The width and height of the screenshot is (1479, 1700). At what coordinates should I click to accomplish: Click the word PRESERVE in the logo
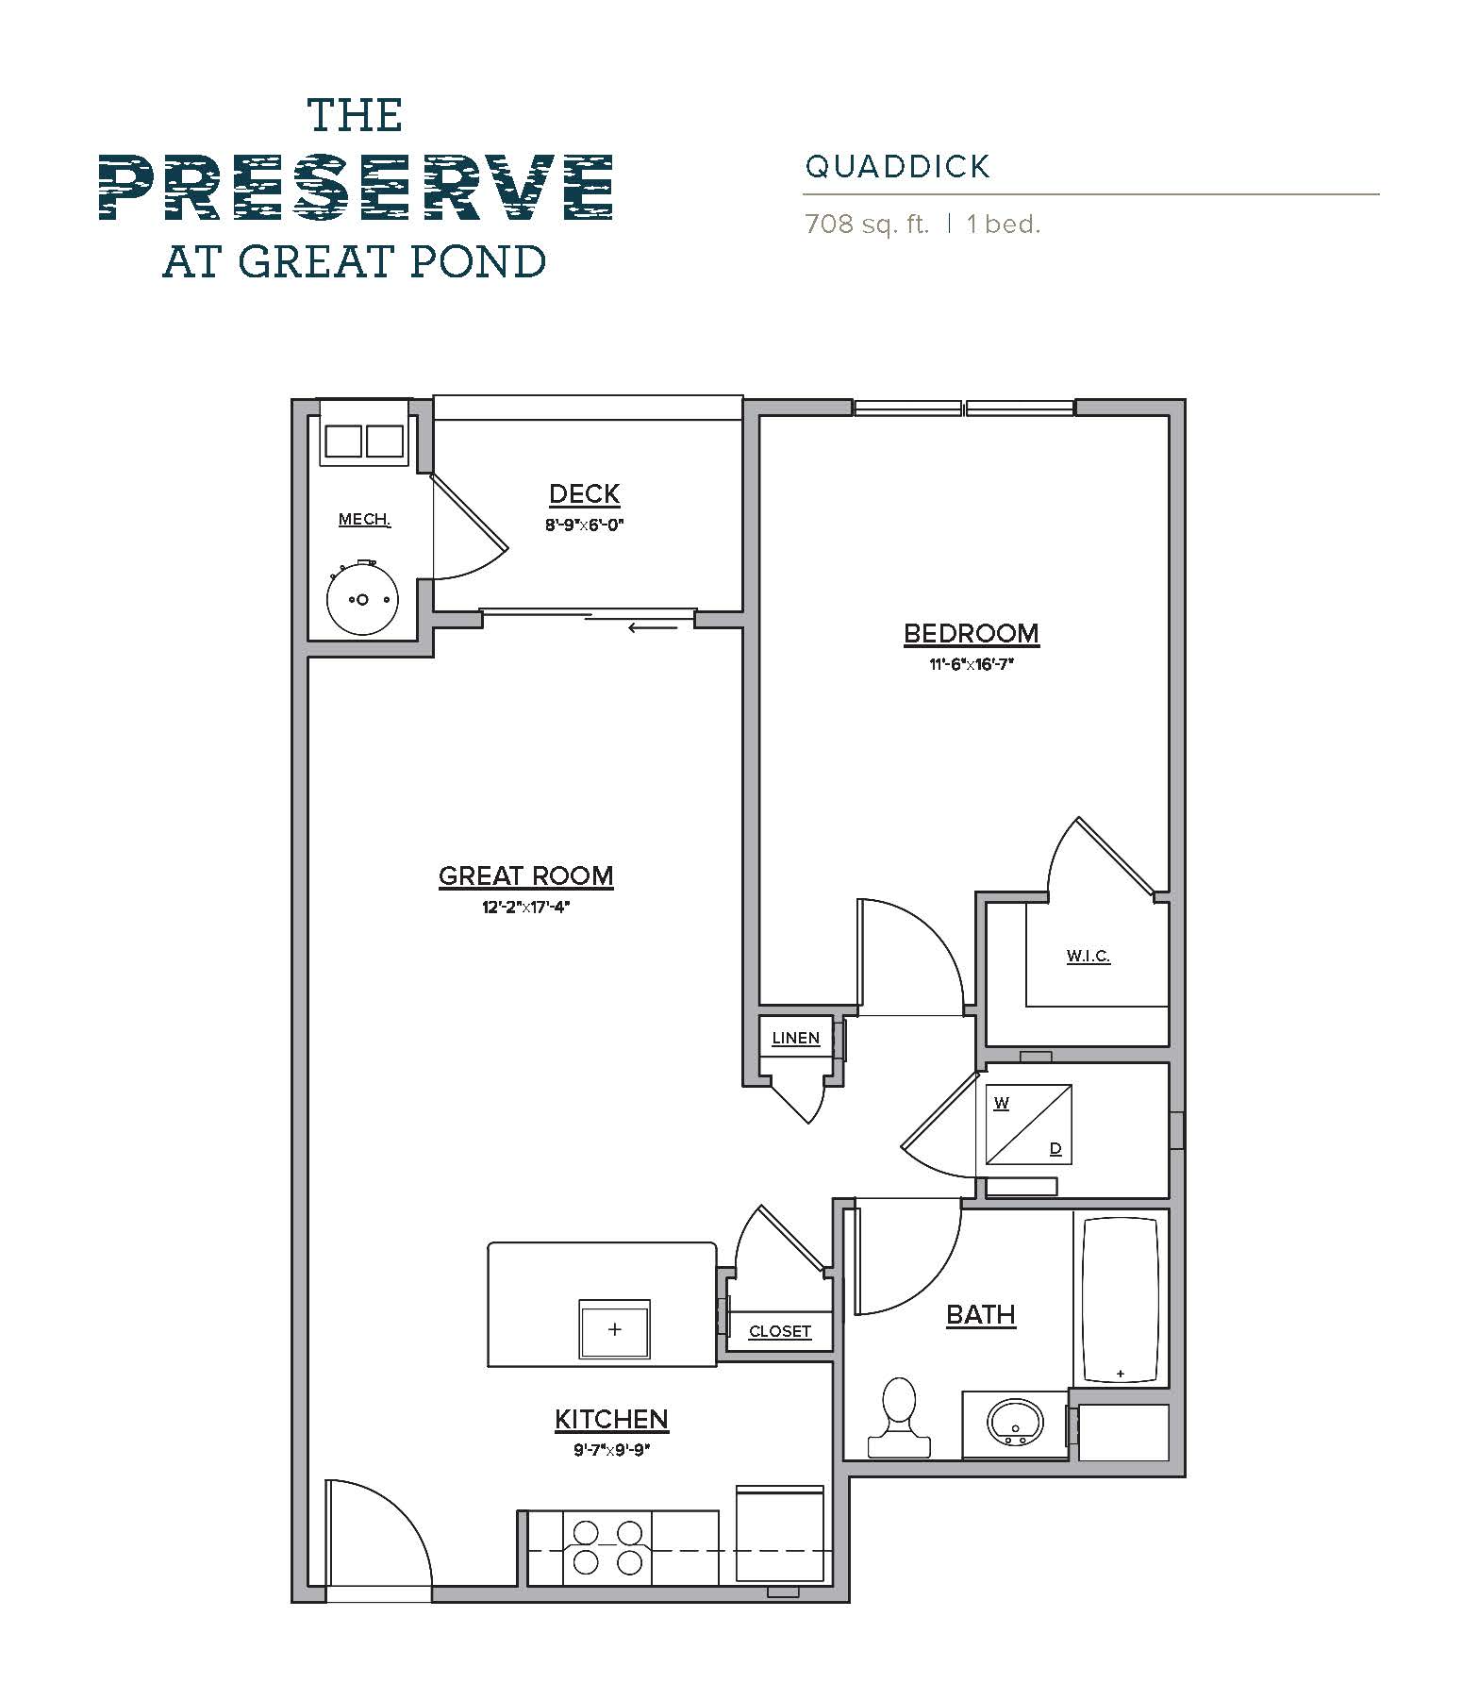(356, 188)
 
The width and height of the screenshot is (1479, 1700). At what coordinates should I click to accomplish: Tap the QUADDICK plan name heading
(897, 167)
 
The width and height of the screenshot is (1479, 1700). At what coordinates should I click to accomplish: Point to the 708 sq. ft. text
(866, 225)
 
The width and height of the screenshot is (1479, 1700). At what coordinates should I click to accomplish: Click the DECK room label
(584, 493)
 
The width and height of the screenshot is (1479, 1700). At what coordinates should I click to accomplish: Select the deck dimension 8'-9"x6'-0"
(585, 525)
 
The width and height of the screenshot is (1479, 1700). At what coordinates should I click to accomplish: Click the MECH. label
(364, 520)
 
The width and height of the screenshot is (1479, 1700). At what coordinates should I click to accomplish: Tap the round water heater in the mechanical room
(362, 599)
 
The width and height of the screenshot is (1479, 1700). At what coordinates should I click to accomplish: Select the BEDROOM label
(971, 633)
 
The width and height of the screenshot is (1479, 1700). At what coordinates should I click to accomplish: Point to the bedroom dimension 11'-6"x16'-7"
(971, 664)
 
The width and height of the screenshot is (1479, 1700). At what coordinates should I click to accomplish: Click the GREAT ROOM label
(525, 875)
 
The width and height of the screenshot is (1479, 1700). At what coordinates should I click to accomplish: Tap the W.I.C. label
(1088, 956)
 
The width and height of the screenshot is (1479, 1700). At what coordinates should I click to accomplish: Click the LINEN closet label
(795, 1038)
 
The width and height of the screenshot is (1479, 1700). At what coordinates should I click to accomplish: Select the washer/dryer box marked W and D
(1028, 1125)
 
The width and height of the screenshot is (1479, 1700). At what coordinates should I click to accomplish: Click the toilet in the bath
(899, 1414)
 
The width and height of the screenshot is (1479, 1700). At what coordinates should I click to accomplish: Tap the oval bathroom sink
(1015, 1421)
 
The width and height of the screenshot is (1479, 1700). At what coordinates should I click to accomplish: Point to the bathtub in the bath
(1120, 1299)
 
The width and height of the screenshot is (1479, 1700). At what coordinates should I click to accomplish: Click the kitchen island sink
(614, 1329)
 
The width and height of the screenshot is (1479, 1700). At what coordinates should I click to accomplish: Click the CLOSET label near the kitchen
(779, 1331)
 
